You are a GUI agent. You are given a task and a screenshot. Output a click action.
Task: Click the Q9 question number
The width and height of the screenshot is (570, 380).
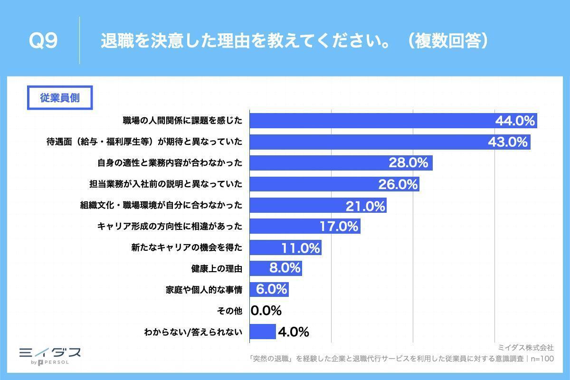click(43, 41)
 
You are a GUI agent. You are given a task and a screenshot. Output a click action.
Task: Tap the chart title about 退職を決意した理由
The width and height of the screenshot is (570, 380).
click(294, 41)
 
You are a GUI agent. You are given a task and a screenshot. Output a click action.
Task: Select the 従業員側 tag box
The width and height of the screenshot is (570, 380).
click(59, 98)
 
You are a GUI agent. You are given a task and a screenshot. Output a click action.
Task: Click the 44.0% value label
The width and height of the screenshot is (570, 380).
click(515, 121)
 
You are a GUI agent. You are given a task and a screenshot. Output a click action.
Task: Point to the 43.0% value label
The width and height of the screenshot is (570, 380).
click(508, 142)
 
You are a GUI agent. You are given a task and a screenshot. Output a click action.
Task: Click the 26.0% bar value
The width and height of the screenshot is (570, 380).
click(398, 184)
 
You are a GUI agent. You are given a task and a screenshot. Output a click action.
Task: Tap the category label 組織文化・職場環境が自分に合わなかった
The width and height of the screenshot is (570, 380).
click(161, 205)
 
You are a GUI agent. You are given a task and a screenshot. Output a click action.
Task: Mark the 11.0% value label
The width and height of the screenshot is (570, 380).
click(301, 247)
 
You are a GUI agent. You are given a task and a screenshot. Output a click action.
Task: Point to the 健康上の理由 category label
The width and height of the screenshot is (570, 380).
click(217, 268)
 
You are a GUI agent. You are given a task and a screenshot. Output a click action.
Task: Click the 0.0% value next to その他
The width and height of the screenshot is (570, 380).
click(266, 311)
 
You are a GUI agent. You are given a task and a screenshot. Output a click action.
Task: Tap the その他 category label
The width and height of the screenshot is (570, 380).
click(229, 311)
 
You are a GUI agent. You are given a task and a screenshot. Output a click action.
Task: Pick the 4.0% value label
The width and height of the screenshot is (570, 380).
click(293, 332)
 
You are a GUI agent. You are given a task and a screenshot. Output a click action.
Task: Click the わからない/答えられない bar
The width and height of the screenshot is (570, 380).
click(262, 332)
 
